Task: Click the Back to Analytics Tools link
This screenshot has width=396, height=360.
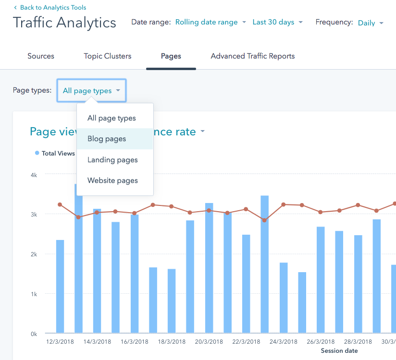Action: click(50, 8)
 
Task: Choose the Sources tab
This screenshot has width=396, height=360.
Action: click(41, 56)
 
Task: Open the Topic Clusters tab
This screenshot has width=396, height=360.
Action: click(108, 56)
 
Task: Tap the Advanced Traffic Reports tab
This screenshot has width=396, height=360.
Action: click(252, 56)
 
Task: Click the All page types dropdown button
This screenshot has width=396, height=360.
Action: click(91, 91)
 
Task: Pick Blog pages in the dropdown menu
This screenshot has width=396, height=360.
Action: click(107, 139)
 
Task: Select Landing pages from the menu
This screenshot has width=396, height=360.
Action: click(112, 160)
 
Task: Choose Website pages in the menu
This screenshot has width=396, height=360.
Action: click(112, 180)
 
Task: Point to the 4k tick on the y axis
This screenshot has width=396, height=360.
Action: click(34, 175)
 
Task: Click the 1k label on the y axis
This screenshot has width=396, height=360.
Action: click(34, 294)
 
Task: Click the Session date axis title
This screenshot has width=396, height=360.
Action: click(339, 351)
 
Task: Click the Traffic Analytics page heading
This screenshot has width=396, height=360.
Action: click(64, 23)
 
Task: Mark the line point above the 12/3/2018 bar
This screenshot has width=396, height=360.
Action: click(60, 204)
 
